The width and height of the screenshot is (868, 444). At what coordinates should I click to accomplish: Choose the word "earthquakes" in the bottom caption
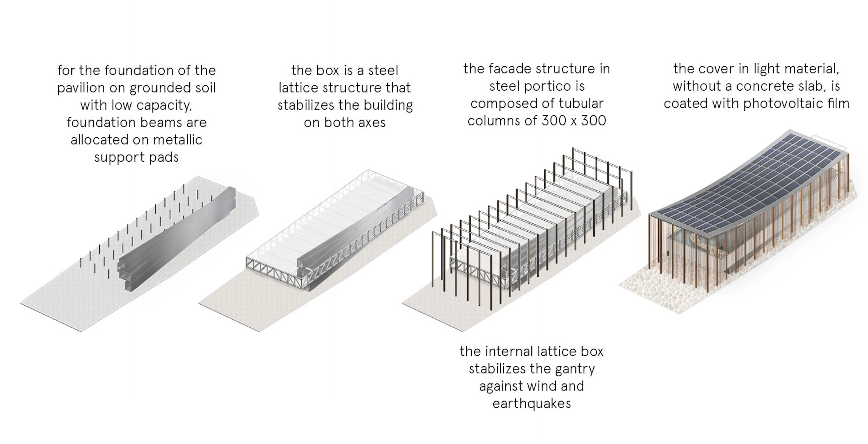click(531, 404)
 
